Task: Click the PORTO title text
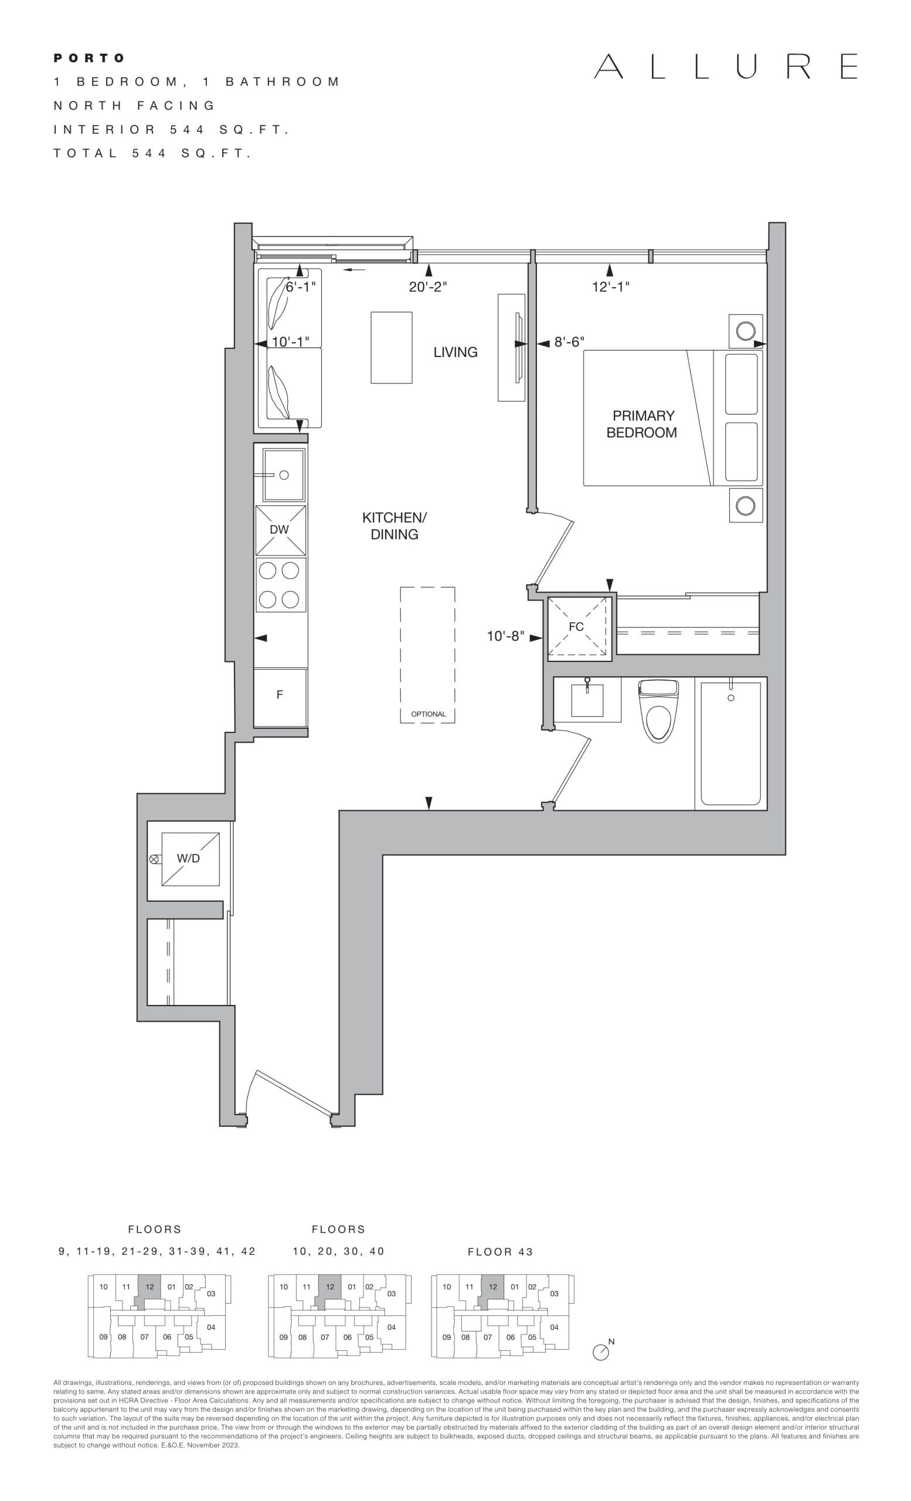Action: (89, 58)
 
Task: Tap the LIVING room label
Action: (455, 352)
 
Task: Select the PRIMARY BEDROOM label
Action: (643, 424)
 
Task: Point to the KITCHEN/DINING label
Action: (394, 526)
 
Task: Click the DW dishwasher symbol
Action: (280, 530)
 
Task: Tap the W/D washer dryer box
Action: (189, 859)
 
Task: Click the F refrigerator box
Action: (280, 695)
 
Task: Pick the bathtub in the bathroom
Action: (730, 743)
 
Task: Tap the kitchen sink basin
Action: (283, 474)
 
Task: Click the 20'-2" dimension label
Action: (427, 287)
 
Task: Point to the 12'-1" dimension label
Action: (610, 286)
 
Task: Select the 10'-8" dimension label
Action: (505, 637)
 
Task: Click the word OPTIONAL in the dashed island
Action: (428, 714)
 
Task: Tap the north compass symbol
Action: (600, 1351)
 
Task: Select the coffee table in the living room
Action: (392, 347)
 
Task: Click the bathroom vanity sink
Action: (586, 701)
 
